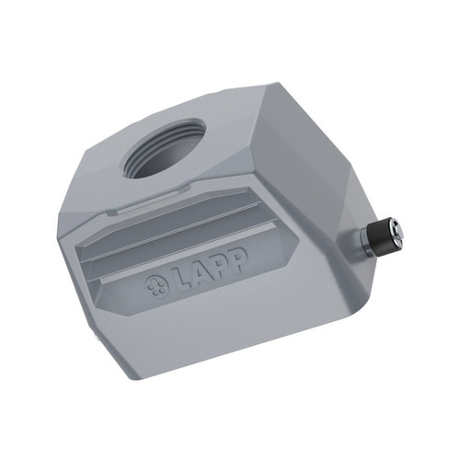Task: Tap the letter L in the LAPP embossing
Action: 183,277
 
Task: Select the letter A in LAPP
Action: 201,270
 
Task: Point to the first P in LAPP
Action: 219,263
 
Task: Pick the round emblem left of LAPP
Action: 156,286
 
